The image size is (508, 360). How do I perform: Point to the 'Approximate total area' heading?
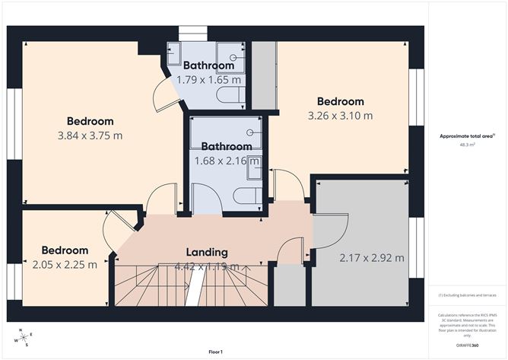click(467, 137)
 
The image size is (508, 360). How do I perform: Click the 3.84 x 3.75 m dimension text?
click(90, 135)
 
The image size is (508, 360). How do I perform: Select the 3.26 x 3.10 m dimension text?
click(340, 116)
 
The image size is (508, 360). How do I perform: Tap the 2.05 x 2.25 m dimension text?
click(65, 265)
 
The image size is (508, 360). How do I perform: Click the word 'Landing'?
click(207, 252)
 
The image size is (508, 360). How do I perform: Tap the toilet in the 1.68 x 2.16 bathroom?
click(245, 196)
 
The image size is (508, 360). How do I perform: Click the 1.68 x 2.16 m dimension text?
click(226, 161)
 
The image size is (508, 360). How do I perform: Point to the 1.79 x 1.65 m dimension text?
click(209, 79)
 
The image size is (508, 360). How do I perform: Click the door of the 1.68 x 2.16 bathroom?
click(205, 199)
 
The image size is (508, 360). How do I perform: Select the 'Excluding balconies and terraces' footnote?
click(468, 295)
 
